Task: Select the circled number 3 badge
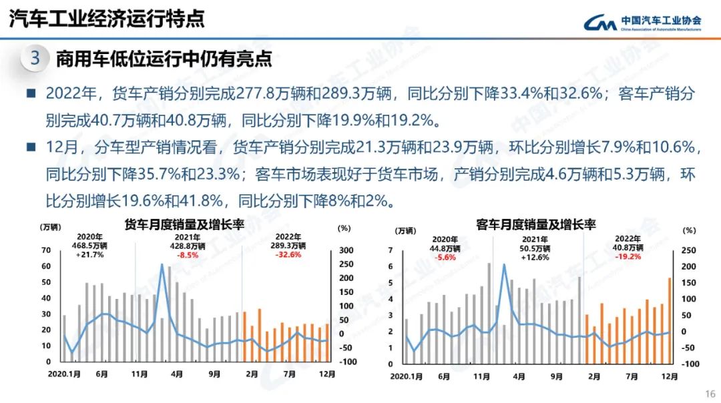click(35, 59)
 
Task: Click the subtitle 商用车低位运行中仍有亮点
click(164, 59)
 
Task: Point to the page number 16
click(710, 393)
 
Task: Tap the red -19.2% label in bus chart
click(628, 256)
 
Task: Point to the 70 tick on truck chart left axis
click(46, 250)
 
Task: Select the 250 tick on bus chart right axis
click(689, 250)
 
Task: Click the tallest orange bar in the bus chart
click(670, 320)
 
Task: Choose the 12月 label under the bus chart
click(668, 376)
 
